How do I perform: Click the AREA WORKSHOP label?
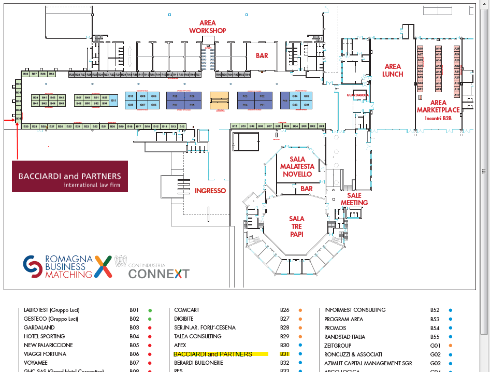pos(207,27)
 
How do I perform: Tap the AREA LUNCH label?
pos(393,70)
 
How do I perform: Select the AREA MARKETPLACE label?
pos(438,106)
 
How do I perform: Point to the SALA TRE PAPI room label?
pos(297,226)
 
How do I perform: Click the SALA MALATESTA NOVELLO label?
pos(297,166)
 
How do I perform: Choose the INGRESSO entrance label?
pos(210,191)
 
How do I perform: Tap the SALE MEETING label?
pos(354,199)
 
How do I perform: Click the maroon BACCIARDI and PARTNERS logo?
pos(70,176)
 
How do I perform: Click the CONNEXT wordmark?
pos(158,274)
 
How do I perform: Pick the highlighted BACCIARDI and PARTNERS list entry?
pos(213,354)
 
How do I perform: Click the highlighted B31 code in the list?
pos(284,354)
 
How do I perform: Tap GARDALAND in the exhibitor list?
pos(37,327)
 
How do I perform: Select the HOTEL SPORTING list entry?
pos(45,336)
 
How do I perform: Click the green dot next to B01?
pos(150,310)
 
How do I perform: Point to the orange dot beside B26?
pos(300,310)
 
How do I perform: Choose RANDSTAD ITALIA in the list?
pos(344,336)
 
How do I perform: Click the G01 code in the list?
pos(435,345)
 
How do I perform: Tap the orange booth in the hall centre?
pos(218,99)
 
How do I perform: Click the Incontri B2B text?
pos(438,119)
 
